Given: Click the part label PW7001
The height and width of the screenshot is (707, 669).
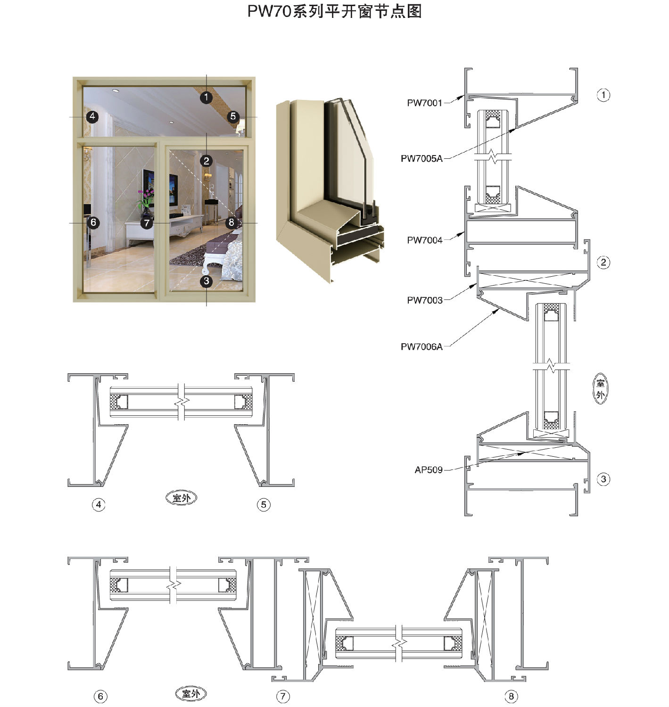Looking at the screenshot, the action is [424, 103].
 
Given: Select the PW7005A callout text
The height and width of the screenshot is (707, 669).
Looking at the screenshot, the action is [421, 158].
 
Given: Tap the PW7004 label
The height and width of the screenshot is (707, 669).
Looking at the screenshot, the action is [424, 240].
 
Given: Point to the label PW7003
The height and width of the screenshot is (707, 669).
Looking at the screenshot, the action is [424, 300].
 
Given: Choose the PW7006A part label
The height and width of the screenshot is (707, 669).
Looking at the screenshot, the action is [421, 347].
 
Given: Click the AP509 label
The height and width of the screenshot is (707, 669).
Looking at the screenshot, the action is [429, 470].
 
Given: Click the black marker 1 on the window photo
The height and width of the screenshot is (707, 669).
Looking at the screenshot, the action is [206, 97].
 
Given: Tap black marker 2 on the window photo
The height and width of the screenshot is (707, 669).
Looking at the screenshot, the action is [206, 161].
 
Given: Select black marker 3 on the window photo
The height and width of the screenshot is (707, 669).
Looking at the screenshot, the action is [206, 281].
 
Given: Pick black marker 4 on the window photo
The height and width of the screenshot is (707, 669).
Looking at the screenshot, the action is [92, 116].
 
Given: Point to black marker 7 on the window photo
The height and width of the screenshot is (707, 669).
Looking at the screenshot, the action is [147, 223].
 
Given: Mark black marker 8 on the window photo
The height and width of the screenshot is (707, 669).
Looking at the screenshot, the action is [231, 222].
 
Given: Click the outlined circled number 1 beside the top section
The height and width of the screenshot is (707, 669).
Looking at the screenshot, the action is [603, 95].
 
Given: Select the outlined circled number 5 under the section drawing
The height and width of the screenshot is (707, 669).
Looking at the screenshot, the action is [263, 504].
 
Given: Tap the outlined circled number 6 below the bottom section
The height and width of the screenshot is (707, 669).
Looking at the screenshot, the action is [100, 696].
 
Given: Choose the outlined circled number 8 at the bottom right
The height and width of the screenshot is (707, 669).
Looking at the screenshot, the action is [511, 696].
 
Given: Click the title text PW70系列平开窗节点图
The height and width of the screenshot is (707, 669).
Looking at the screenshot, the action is [335, 11].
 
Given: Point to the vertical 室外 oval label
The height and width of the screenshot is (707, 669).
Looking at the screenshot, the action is [600, 388].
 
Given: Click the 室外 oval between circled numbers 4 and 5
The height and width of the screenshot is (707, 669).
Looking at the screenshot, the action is [182, 498].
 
